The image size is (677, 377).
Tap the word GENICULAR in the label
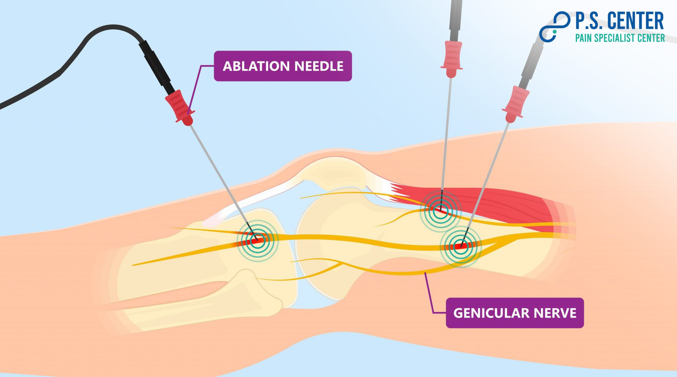click(x=491, y=313)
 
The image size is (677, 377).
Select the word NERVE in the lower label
click(x=555, y=313)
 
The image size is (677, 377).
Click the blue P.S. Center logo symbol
click(x=554, y=26)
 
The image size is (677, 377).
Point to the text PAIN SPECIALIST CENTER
click(x=620, y=38)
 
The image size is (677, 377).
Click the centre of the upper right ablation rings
click(x=440, y=211)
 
